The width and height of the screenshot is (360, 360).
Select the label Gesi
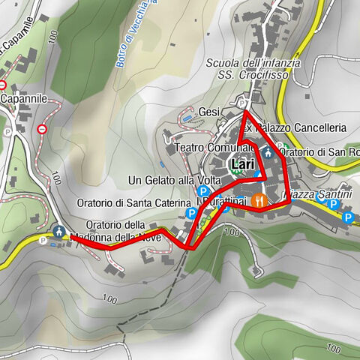pos(208,112)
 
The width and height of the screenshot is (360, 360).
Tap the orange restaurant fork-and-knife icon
pos(259,200)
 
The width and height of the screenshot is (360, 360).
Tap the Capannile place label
pos(24,98)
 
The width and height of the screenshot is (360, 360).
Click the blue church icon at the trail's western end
pos(58,231)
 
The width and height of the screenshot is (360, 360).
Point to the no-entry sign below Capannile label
pos(43,129)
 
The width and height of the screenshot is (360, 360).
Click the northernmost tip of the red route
pos(246,112)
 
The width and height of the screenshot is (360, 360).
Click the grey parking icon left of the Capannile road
pos(6,132)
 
